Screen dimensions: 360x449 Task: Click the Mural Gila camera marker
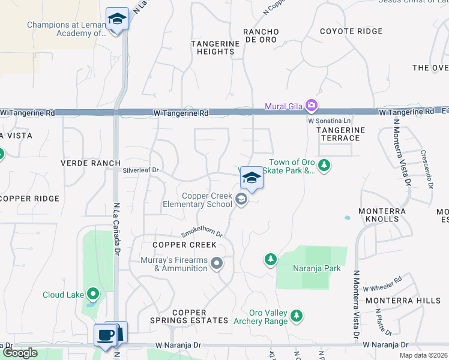coord(311,106)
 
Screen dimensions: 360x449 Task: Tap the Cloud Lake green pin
coord(93,294)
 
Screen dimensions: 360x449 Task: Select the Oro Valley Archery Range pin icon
coord(296,316)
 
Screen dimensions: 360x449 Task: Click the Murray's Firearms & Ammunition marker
coord(217,263)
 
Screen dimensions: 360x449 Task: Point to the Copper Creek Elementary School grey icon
coord(241,200)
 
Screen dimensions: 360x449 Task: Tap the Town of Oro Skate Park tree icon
coord(324,164)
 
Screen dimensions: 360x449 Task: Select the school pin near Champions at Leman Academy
coord(118,19)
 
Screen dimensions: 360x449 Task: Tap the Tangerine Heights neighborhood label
coord(212,47)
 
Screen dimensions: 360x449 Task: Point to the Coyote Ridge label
coord(351,31)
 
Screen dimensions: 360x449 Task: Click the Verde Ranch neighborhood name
coord(90,163)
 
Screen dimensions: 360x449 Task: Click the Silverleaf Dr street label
coord(140,170)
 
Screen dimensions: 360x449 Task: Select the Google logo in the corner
coord(20,353)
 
